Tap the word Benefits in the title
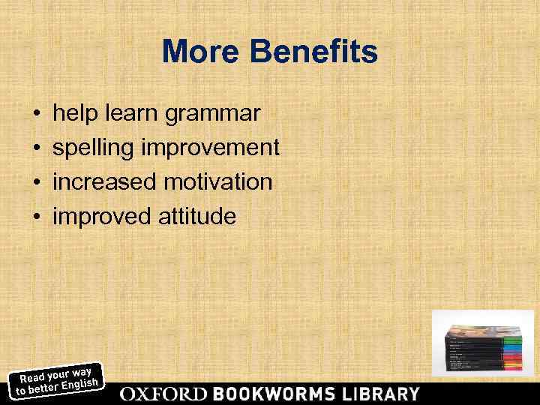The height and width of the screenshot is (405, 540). coord(314,52)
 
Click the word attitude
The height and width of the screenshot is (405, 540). coord(196,217)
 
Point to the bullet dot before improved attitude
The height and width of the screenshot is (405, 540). coord(37,217)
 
